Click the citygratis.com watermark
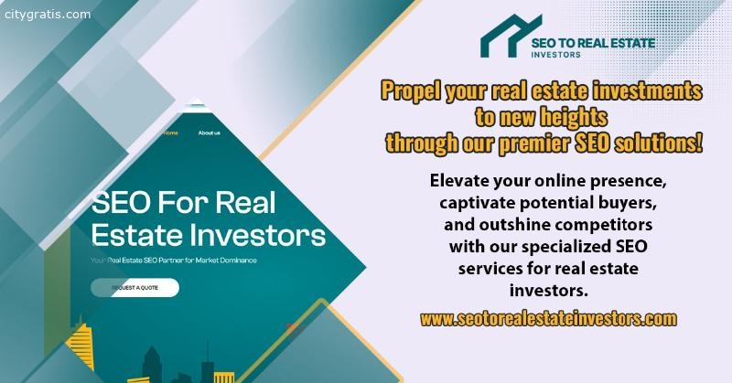(48, 15)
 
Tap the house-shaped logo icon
(511, 36)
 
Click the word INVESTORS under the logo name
(555, 55)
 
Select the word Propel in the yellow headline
(410, 90)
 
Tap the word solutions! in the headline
(658, 143)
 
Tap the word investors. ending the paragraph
(548, 291)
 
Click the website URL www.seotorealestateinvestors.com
(548, 319)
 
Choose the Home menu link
(170, 133)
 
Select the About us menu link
(209, 133)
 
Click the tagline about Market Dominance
(174, 261)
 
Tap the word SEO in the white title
(122, 203)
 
